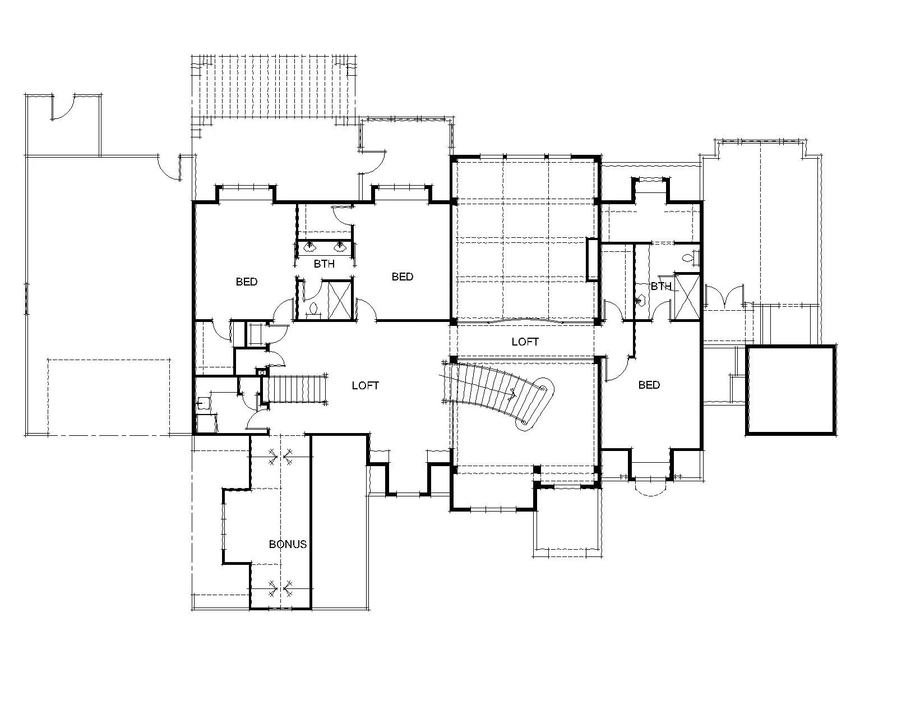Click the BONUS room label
288,544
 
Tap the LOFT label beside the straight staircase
365,385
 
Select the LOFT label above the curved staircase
525,342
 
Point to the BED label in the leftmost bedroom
246,282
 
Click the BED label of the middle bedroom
402,277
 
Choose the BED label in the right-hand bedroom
649,385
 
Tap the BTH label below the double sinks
324,264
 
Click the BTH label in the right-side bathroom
661,286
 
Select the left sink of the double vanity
310,247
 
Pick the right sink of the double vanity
340,247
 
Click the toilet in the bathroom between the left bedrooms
313,310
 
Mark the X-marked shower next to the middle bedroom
340,301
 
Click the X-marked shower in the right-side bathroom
687,297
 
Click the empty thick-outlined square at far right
790,390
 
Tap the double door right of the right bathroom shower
724,296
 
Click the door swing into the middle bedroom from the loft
366,309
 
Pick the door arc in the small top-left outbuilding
63,108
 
